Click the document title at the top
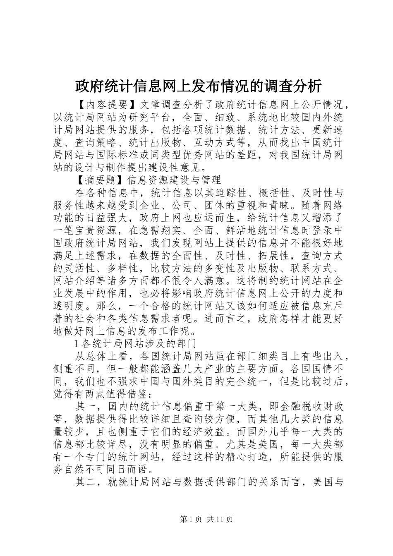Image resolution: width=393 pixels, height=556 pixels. point(198,86)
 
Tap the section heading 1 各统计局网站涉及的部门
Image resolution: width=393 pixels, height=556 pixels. point(134,344)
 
